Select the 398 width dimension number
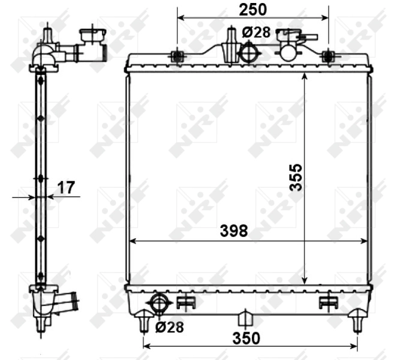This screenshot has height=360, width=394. [x=234, y=231]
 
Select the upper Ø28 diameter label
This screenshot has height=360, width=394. [x=257, y=32]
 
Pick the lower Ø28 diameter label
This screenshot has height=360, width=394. [x=170, y=327]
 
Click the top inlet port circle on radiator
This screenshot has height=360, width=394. [x=248, y=52]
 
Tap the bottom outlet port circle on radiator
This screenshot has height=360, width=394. [x=159, y=304]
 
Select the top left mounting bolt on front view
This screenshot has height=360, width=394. [x=177, y=57]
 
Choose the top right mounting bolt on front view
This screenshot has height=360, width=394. [x=327, y=57]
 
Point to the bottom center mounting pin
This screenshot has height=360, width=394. [x=245, y=318]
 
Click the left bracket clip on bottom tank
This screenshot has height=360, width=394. [x=187, y=302]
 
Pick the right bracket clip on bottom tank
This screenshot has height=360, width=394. [x=328, y=302]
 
